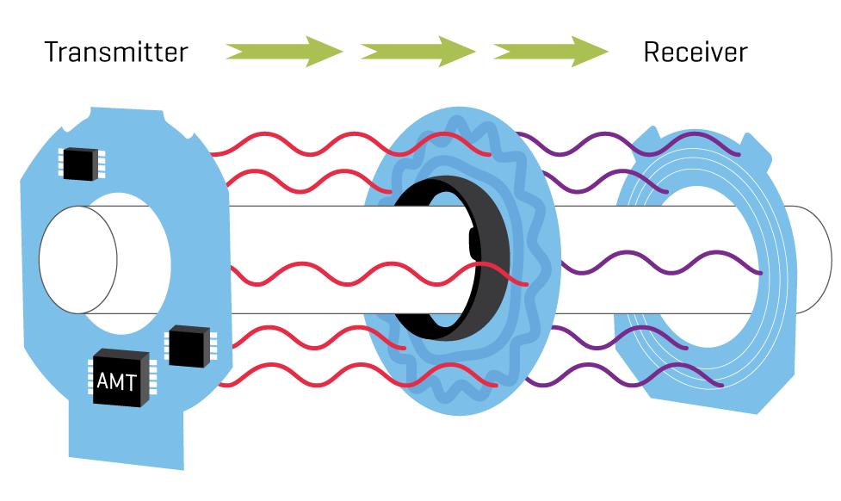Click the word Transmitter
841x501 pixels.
115,53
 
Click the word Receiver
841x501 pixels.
695,53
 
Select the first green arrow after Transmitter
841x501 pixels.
284,53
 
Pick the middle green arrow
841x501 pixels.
417,53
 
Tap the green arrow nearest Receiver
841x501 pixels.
551,53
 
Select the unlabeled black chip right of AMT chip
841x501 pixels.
187,346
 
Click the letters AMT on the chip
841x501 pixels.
116,380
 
